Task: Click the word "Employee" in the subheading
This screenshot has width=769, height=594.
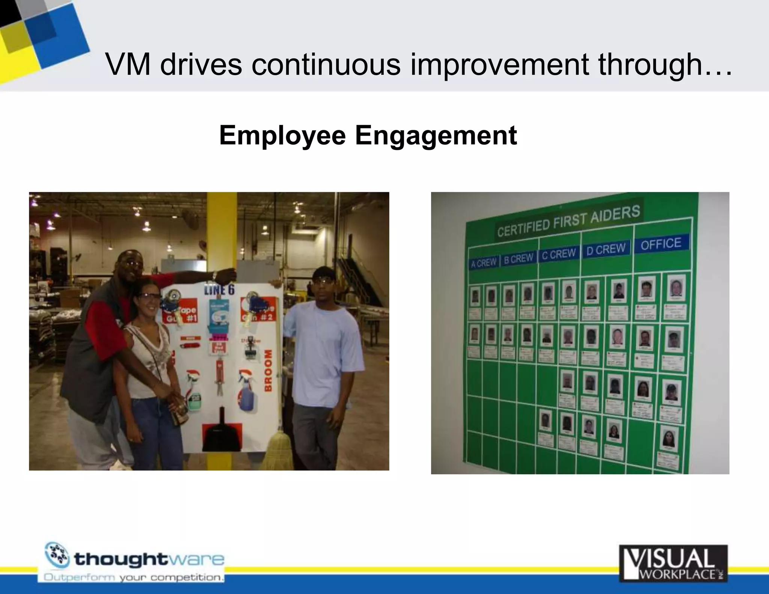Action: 282,136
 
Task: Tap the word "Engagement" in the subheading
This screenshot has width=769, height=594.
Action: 436,136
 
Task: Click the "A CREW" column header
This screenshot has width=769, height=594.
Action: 484,263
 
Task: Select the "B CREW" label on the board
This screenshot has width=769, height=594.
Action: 518,259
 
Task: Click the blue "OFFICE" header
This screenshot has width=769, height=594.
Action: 661,244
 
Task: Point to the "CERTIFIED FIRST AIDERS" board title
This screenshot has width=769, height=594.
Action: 568,221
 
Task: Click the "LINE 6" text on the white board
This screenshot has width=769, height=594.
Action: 219,289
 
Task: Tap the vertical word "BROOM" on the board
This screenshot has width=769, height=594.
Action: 268,370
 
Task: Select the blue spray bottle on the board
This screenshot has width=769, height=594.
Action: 246,394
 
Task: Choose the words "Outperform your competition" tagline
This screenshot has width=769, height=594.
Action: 134,577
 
